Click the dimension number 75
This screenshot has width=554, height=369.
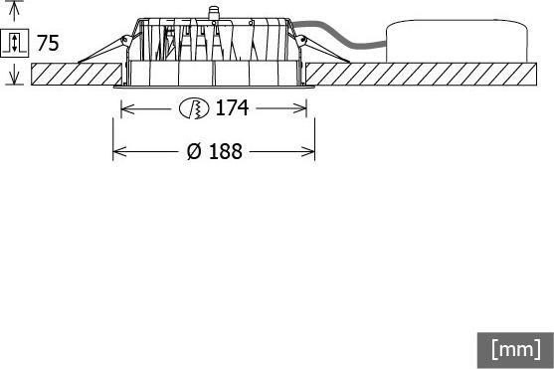48,43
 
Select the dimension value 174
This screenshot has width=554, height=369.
232,107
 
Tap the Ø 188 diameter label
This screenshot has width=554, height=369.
215,151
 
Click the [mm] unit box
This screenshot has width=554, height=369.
515,350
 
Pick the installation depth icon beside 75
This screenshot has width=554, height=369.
15,43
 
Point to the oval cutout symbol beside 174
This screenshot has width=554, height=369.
194,107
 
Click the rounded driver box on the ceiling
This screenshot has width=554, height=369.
458,41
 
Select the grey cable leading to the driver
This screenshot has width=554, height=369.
339,37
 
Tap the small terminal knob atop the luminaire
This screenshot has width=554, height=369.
213,13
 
